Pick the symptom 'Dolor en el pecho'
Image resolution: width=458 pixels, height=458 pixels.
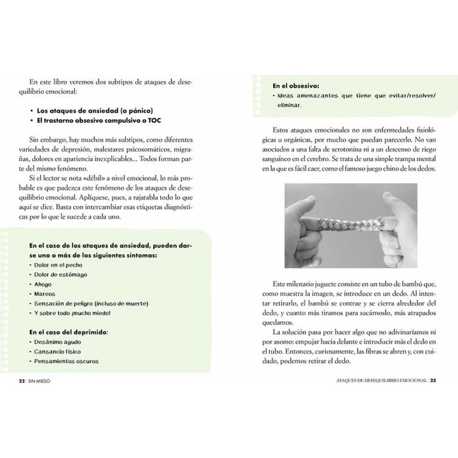pyautogui.click(x=59, y=265)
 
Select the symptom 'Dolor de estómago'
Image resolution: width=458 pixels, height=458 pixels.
pyautogui.click(x=61, y=274)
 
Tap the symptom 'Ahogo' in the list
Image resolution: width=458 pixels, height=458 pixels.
pyautogui.click(x=43, y=284)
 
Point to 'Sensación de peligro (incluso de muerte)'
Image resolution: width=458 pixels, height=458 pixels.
pyautogui.click(x=92, y=303)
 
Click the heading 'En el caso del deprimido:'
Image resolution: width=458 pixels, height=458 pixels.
pyautogui.click(x=68, y=332)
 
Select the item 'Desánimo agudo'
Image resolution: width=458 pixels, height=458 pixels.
pyautogui.click(x=58, y=342)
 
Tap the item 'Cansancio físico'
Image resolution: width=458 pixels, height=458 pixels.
pyautogui.click(x=59, y=352)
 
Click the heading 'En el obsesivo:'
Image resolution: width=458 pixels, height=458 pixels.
pyautogui.click(x=296, y=86)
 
